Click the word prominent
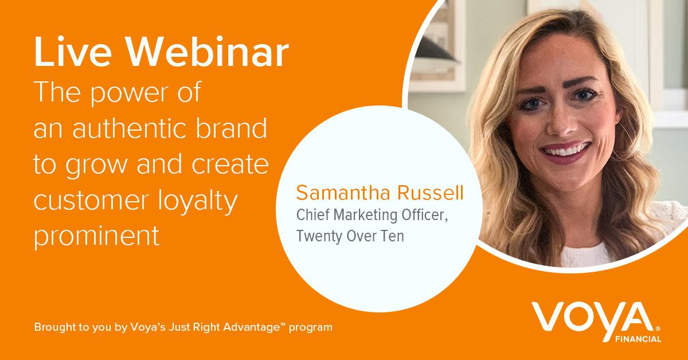[x=96, y=236]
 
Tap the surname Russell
[x=431, y=193]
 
